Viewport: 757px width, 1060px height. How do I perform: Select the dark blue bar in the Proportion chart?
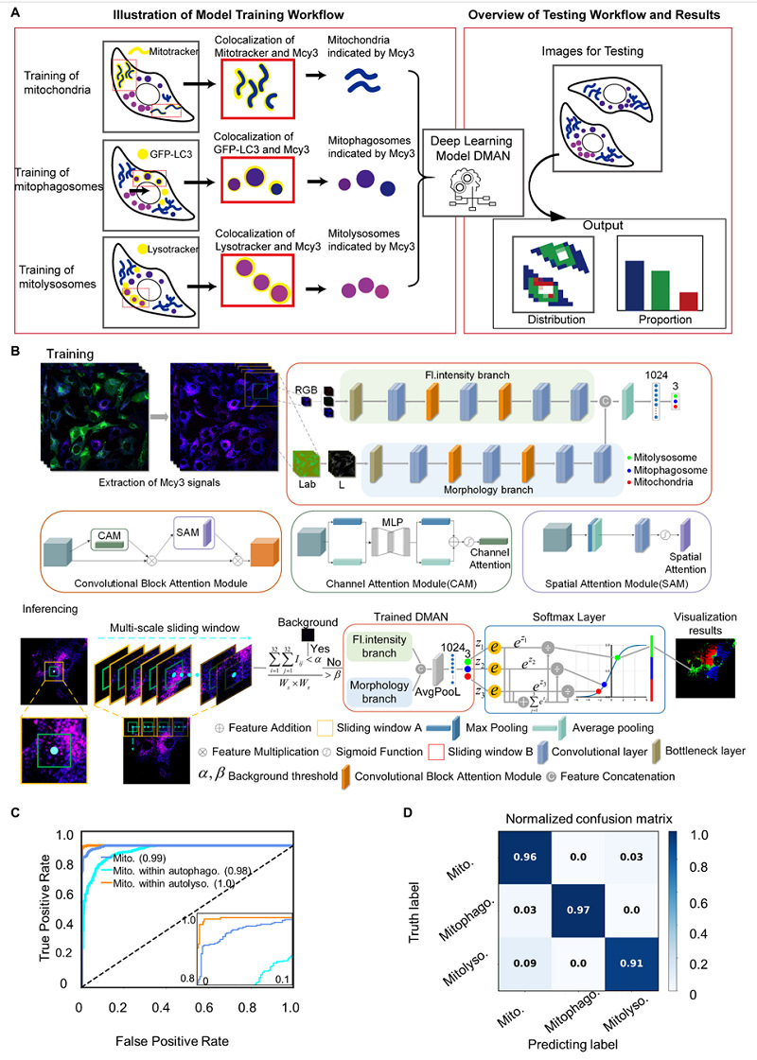point(635,285)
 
